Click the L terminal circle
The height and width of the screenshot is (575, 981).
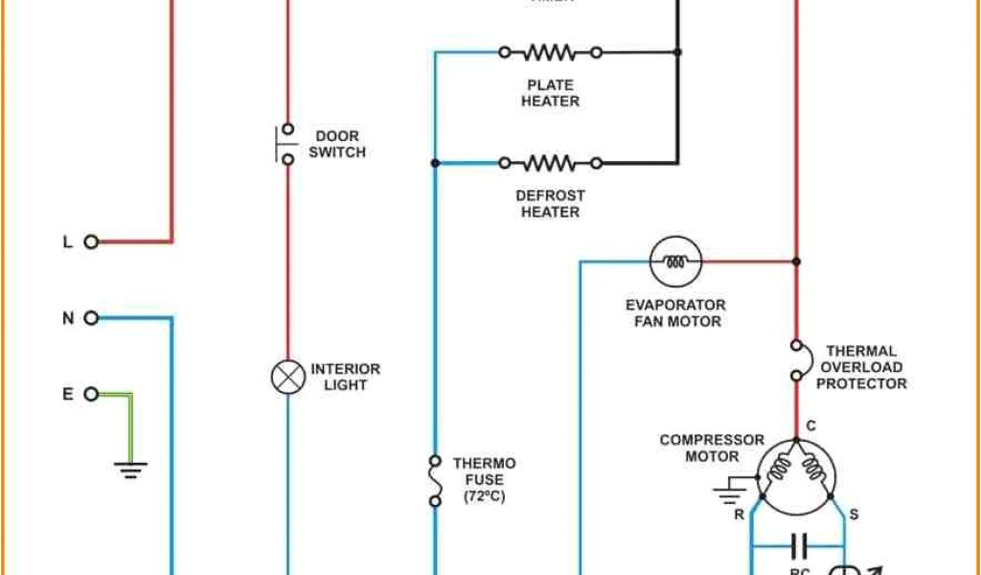click(91, 241)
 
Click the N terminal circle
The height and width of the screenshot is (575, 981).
click(91, 318)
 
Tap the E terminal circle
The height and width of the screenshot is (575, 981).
click(91, 394)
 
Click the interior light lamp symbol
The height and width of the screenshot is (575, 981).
click(287, 377)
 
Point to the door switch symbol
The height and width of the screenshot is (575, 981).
click(285, 144)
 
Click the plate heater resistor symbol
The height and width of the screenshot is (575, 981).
click(550, 52)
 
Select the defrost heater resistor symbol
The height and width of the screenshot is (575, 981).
click(550, 163)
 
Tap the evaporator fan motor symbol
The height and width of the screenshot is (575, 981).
click(676, 261)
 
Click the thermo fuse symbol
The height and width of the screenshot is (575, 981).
click(435, 480)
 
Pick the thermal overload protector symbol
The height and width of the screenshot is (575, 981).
click(796, 360)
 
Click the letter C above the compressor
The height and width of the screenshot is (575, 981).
click(810, 425)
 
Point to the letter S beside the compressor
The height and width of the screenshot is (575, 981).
click(854, 514)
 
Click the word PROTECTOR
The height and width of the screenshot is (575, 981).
click(861, 383)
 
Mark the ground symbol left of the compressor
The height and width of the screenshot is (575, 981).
click(729, 493)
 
